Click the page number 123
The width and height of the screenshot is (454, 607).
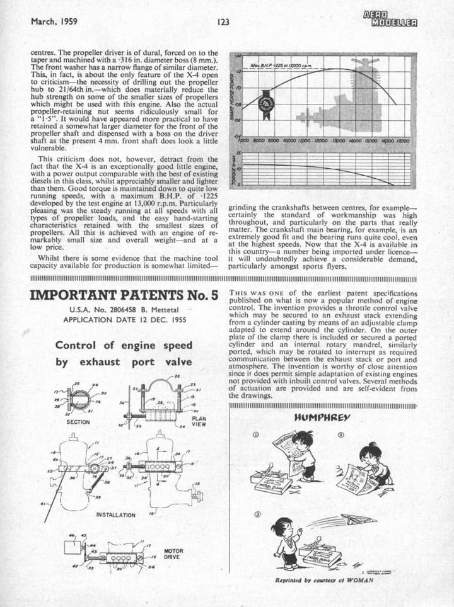tap(223, 21)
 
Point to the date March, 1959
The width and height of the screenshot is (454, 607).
tap(54, 21)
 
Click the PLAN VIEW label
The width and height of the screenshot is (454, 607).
tap(198, 421)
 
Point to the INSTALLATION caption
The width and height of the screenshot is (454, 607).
tap(115, 514)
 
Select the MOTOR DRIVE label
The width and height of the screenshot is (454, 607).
tap(173, 554)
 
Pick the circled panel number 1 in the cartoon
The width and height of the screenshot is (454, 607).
tap(255, 434)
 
